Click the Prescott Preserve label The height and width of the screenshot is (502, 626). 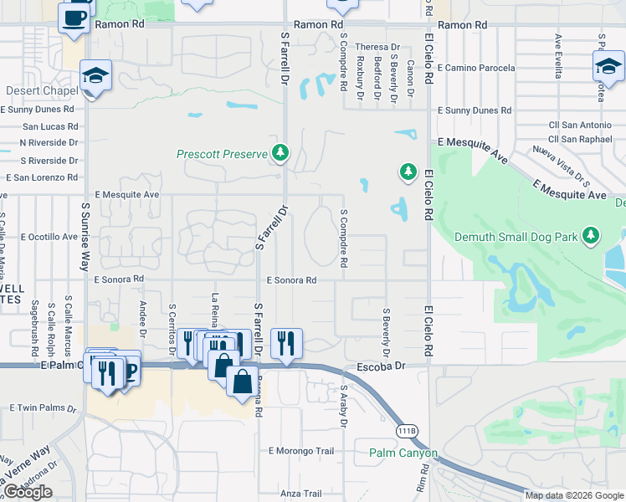point(222,154)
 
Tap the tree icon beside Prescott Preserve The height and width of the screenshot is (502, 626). point(281,153)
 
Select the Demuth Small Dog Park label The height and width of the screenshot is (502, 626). point(516,237)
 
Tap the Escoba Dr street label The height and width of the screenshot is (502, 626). point(381,366)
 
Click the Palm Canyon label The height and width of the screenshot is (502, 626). point(403,453)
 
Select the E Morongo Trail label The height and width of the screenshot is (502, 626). point(301,451)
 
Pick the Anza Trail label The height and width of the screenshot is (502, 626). point(301,494)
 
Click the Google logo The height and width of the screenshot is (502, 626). point(28,492)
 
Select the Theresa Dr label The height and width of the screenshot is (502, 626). point(377,48)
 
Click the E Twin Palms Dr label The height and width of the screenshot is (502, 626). point(43,407)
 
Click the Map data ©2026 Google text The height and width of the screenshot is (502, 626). point(573,495)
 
